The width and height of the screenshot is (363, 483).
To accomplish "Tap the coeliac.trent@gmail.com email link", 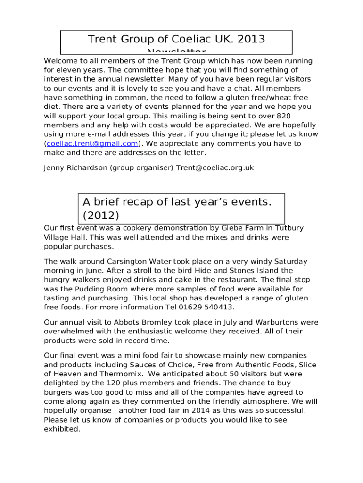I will [92, 143].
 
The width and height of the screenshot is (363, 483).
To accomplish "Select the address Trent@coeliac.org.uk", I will [215, 167].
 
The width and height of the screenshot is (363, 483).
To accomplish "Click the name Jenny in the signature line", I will [54, 167].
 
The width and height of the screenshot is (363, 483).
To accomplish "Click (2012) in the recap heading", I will [101, 216].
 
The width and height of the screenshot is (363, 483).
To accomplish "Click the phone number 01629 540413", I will [205, 307].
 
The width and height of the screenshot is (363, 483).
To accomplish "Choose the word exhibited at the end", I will [61, 429].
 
